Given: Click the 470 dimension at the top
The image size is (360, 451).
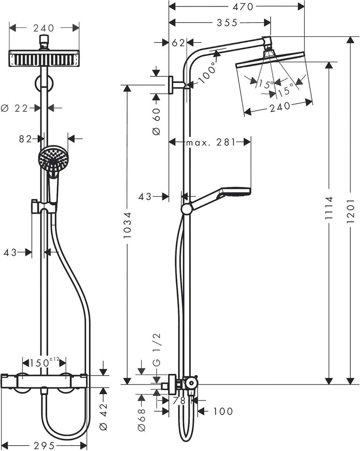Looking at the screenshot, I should click(243, 7).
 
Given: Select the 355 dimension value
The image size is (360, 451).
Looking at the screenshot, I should click(227, 23).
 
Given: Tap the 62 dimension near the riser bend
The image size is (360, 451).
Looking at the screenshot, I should click(178, 43).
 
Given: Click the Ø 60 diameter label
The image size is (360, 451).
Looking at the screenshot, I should click(157, 121).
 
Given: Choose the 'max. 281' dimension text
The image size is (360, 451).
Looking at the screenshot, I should click(211, 142).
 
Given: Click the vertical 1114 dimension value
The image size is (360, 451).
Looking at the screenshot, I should click(329, 207).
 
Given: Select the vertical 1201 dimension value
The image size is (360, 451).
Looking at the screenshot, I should click(350, 207).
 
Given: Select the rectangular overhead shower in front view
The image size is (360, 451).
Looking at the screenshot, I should click(44, 58).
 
